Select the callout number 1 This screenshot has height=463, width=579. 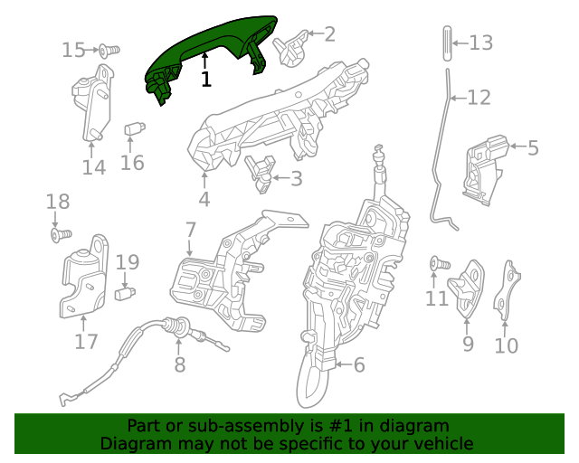pos(206,80)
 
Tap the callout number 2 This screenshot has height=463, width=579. pos(329,34)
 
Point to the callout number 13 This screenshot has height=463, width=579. pos(480,42)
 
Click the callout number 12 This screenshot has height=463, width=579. pos(479,97)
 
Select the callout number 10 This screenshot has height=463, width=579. pos(506,345)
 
